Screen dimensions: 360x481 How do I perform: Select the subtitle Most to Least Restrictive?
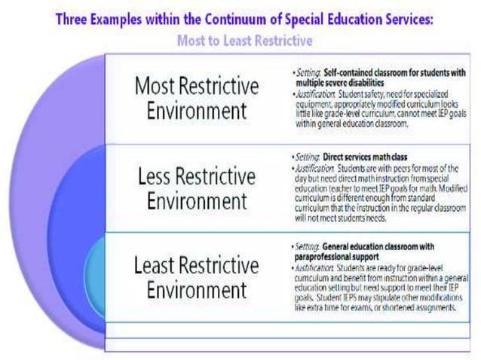click(x=244, y=40)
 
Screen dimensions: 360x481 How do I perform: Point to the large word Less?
click(x=160, y=177)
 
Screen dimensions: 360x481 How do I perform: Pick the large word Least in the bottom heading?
click(x=161, y=265)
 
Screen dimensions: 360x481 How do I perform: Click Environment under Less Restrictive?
click(x=197, y=201)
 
